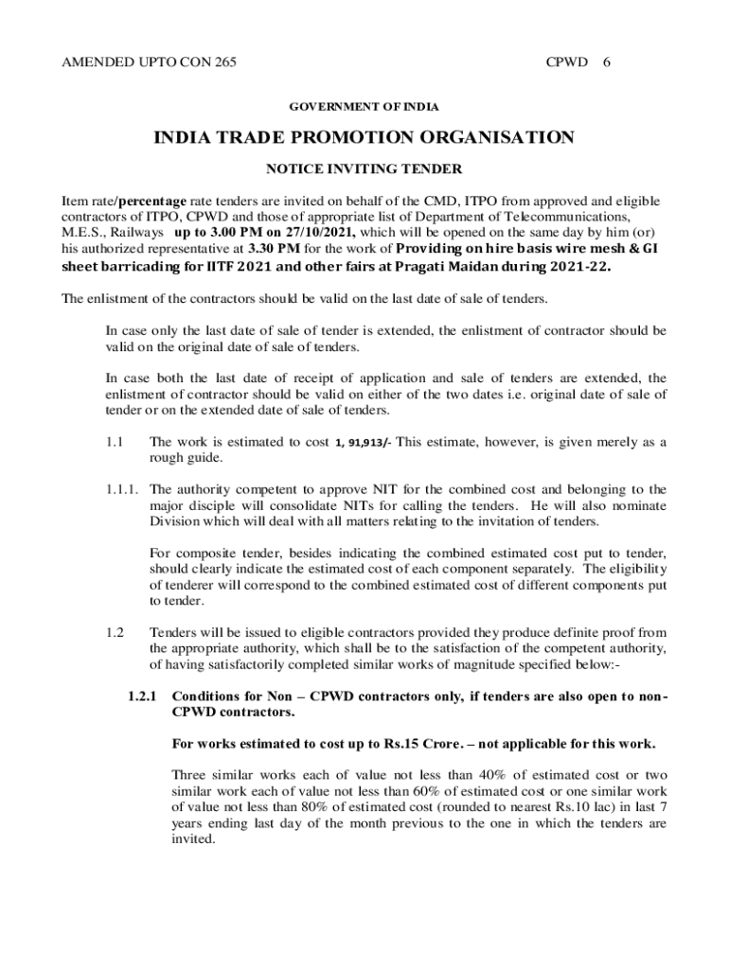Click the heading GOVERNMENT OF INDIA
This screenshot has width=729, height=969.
(x=364, y=107)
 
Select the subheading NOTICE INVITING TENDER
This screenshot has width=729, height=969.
(x=364, y=169)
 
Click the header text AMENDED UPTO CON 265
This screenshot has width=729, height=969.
(x=149, y=62)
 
